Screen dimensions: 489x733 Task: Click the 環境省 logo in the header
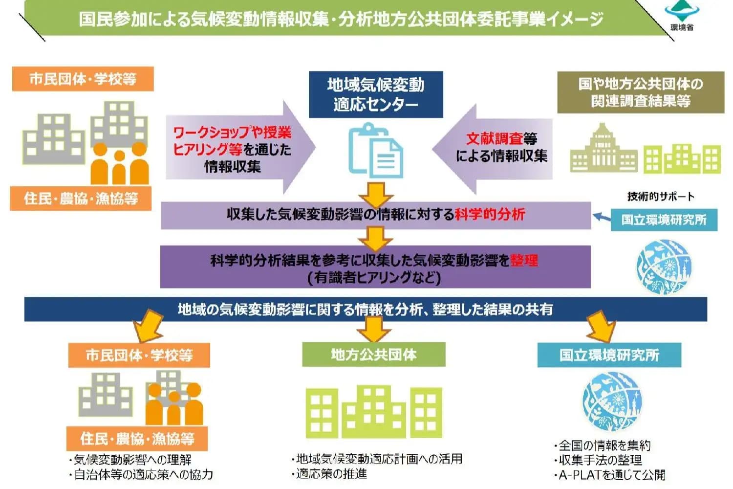[x=681, y=15]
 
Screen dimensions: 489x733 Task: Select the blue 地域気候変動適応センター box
[x=376, y=94]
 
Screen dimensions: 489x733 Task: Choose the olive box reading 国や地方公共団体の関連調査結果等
[x=641, y=92]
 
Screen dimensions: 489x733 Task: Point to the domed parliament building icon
[x=604, y=149]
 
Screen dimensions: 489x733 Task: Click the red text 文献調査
[x=494, y=138]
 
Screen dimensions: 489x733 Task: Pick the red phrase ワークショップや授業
[x=232, y=133]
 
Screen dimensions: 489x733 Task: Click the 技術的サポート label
[x=661, y=197]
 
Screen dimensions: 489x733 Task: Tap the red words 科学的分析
[x=490, y=214]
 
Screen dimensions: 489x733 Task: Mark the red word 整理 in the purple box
[x=524, y=260]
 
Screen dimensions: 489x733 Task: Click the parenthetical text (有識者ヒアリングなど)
[x=374, y=278]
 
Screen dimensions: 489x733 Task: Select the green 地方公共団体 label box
[x=374, y=355]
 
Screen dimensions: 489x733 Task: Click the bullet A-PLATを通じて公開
[x=611, y=475]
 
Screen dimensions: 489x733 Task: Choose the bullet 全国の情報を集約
[x=604, y=445]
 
